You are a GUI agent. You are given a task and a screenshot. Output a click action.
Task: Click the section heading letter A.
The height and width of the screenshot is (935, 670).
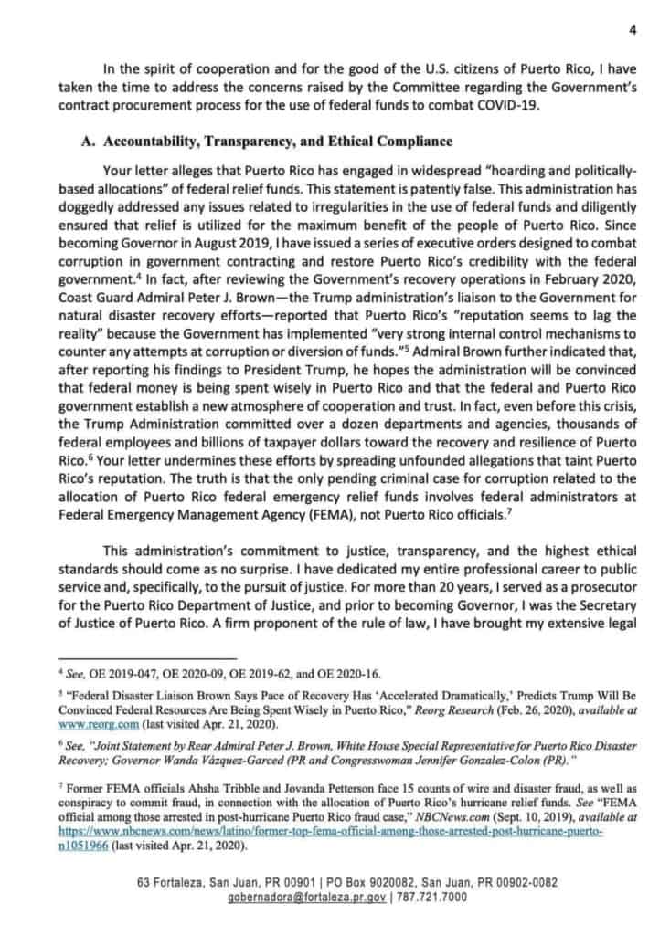(x=84, y=142)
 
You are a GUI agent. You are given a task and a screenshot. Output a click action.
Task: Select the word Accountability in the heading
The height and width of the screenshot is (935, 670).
(x=146, y=142)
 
